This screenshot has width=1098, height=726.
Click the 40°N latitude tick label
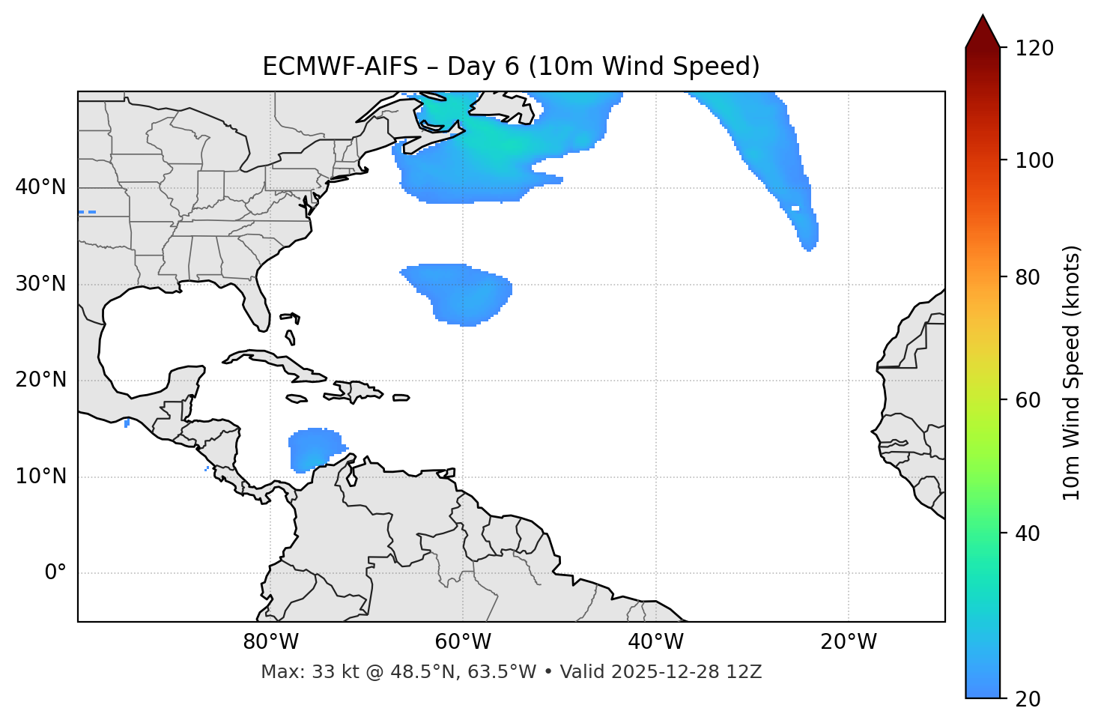[40, 187]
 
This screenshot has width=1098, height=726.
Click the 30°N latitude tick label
[40, 284]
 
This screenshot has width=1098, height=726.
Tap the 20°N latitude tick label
[40, 380]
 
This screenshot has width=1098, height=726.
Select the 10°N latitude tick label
[40, 477]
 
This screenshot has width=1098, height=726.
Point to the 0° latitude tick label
[55, 573]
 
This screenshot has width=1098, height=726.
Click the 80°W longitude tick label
[270, 642]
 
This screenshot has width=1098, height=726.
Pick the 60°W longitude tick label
[463, 642]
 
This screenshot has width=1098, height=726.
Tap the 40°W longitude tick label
[655, 642]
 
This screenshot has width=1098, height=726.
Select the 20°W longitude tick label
[849, 642]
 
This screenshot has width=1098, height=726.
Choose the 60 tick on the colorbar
[1031, 400]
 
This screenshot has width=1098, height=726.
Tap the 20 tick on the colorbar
[1031, 699]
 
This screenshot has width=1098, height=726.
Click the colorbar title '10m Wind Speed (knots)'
[1072, 373]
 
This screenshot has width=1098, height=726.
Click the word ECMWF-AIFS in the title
[340, 67]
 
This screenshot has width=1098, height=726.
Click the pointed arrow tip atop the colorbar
[983, 18]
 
